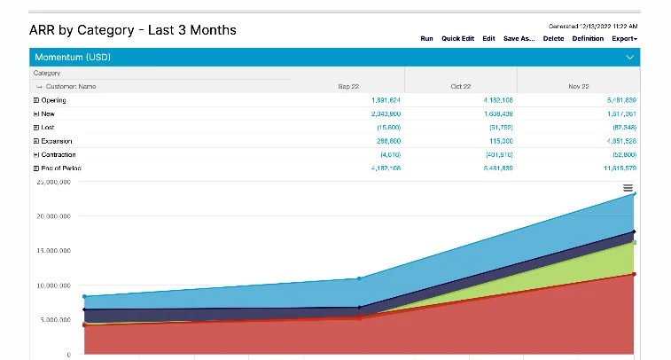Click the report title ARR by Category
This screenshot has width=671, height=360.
133,30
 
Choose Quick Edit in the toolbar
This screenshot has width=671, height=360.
457,39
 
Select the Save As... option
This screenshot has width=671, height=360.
519,39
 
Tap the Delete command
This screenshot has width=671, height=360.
553,39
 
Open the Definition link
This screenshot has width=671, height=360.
588,39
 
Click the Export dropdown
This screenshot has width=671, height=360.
624,39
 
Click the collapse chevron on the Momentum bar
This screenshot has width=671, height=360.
629,58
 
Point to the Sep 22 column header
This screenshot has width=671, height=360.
348,87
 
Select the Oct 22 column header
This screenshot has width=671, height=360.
460,87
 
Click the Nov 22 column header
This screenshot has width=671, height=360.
578,87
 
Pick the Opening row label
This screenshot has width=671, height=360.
53,100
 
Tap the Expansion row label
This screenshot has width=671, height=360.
56,141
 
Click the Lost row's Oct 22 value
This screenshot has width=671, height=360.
499,128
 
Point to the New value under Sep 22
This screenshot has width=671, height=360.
386,113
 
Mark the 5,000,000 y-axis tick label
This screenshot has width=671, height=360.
52,319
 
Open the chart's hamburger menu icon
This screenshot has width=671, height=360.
628,188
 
